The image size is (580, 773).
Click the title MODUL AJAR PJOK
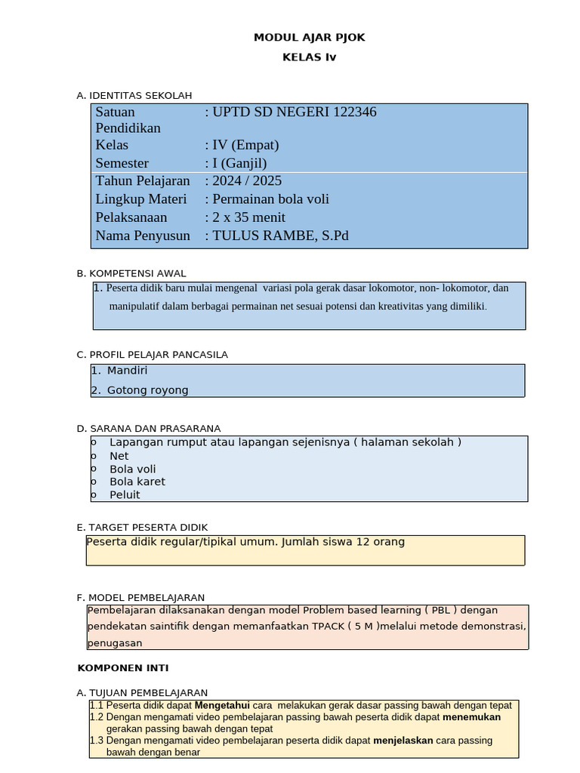[309, 37]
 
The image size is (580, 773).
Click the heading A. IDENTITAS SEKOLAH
[134, 95]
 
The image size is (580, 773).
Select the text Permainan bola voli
[270, 199]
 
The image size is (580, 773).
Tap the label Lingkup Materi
[140, 199]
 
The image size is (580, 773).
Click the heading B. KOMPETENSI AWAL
[131, 273]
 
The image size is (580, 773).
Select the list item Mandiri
[127, 371]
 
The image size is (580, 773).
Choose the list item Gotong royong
[147, 390]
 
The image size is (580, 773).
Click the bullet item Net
[119, 456]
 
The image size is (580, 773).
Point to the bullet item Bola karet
[137, 482]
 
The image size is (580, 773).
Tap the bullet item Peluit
[125, 495]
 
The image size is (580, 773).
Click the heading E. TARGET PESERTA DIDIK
[142, 527]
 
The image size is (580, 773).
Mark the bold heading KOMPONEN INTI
[123, 668]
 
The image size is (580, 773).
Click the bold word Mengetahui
[222, 705]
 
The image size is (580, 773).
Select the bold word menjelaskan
[403, 741]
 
